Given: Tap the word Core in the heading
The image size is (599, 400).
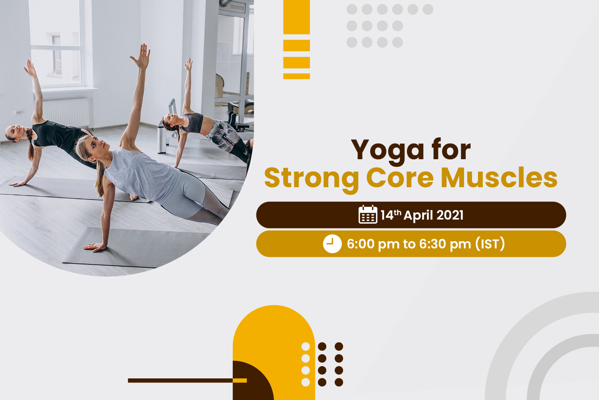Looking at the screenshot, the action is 400,178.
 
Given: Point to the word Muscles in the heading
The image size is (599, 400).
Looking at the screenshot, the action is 499,177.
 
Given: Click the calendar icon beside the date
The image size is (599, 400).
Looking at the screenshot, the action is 368,214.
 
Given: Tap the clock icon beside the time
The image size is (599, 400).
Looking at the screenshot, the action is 332,244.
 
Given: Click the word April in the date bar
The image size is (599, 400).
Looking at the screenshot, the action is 417,216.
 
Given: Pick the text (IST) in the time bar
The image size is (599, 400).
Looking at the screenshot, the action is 490,244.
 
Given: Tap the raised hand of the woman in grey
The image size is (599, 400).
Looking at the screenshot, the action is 141,57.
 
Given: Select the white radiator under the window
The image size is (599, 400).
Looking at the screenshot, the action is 66,112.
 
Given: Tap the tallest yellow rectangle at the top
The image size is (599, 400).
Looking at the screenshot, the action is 297,17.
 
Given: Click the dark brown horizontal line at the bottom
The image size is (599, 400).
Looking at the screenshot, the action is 180,380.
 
